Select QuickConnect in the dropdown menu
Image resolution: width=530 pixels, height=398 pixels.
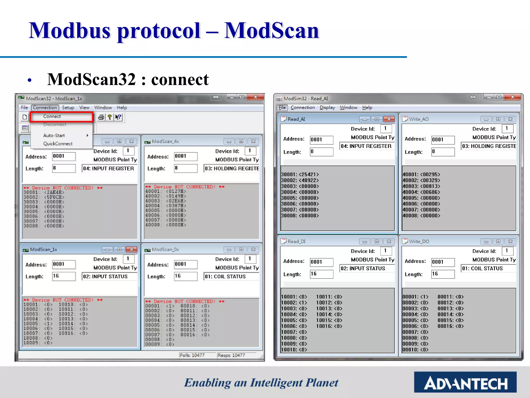[x=58, y=144]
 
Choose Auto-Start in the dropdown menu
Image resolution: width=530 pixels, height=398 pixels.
[x=54, y=135]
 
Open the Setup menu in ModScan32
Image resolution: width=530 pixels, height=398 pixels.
[x=68, y=108]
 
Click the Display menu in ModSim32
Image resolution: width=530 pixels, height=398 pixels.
[x=327, y=108]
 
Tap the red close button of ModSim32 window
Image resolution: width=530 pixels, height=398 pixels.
[x=512, y=97]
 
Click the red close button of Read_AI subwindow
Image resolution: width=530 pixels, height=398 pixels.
[x=389, y=119]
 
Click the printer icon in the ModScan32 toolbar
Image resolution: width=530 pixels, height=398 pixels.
[x=101, y=117]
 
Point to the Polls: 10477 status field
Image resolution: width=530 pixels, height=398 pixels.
[x=192, y=355]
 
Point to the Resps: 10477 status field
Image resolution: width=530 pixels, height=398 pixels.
[x=231, y=355]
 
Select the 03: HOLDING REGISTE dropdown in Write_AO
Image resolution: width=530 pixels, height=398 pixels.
[x=489, y=146]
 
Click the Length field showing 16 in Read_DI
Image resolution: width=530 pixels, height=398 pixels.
[x=321, y=274]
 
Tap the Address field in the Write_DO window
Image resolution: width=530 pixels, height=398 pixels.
[x=443, y=262]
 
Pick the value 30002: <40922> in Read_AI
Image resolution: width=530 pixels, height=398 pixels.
[x=300, y=180]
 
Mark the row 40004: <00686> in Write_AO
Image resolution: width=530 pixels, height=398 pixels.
[x=421, y=192]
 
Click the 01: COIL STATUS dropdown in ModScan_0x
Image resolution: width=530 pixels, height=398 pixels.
[x=231, y=276]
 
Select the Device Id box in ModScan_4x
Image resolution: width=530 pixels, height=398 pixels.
[x=250, y=151]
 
